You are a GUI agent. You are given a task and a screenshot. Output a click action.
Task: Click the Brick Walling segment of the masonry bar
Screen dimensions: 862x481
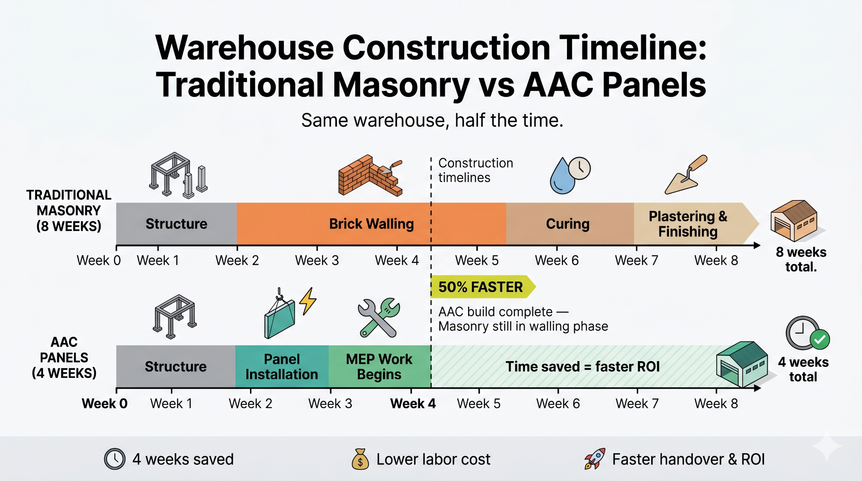tap(371, 223)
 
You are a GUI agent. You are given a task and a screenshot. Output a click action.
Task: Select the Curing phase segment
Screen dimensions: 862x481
tap(570, 223)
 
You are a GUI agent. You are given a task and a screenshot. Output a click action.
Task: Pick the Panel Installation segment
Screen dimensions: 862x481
tap(282, 366)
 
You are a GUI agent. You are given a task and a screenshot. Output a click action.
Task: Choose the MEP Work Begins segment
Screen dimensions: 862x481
tap(380, 366)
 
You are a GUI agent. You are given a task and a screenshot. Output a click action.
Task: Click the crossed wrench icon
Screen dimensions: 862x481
tap(379, 318)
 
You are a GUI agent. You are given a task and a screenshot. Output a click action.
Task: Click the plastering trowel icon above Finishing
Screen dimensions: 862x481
tap(686, 175)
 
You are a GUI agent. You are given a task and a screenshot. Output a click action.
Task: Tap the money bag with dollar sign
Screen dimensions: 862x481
tap(360, 459)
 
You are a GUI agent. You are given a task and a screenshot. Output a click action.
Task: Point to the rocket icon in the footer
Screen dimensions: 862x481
tap(594, 459)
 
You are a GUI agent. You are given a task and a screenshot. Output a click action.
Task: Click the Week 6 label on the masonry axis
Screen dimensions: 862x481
tap(556, 260)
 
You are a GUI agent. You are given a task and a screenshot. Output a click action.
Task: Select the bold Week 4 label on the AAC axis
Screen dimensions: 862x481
tap(413, 404)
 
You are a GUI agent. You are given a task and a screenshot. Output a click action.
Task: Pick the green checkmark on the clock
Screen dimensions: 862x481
tap(820, 339)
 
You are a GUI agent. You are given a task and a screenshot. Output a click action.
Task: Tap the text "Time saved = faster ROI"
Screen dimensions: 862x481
tap(583, 367)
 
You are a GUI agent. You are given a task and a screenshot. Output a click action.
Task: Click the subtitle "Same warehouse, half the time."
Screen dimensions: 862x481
tap(432, 120)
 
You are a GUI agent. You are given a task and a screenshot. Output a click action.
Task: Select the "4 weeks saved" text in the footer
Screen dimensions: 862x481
tap(183, 459)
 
